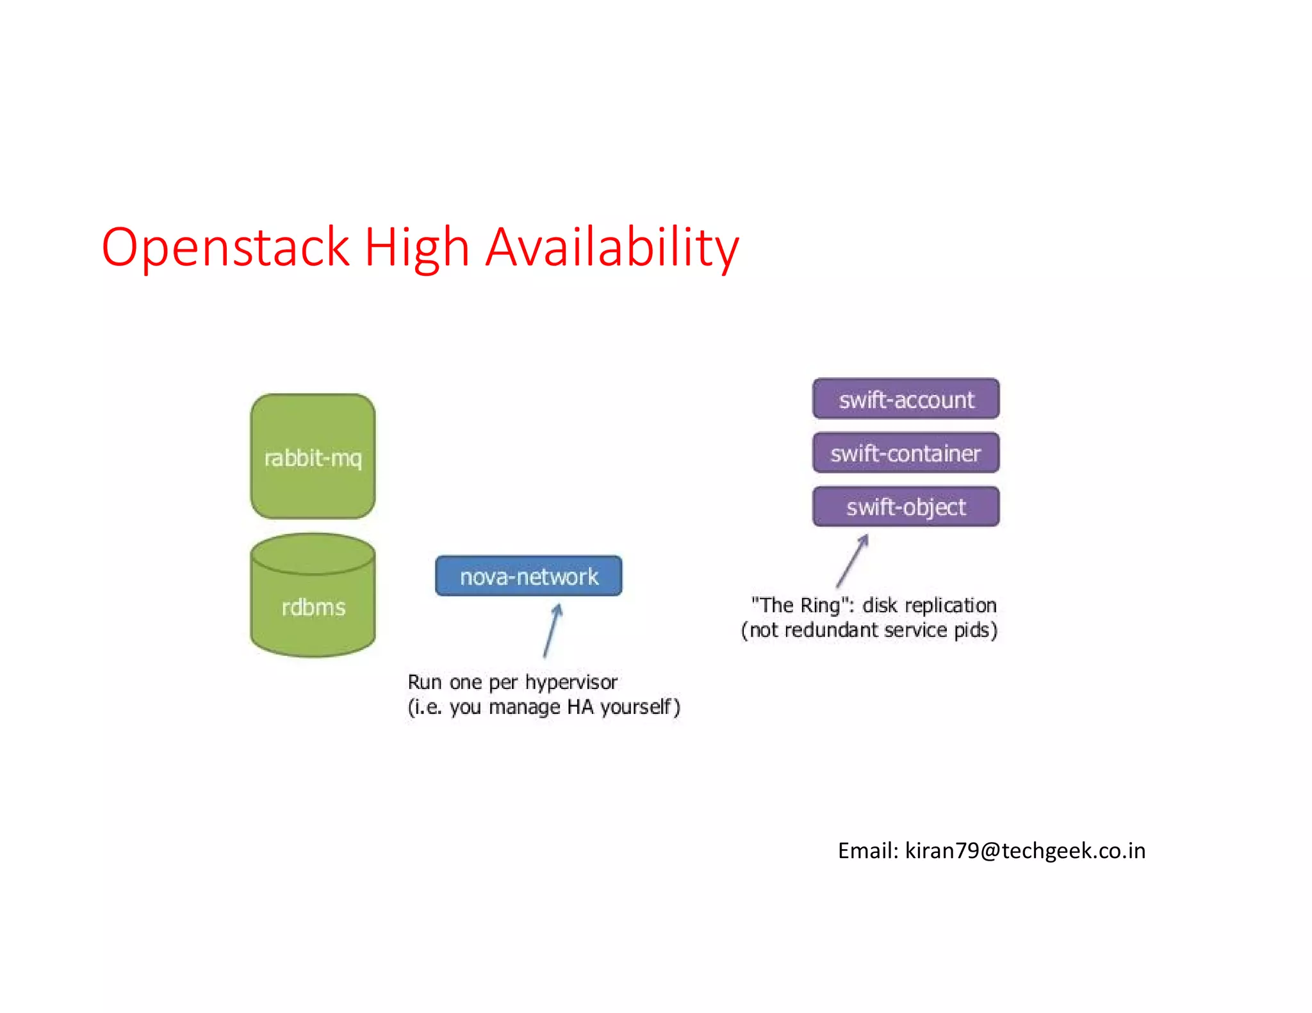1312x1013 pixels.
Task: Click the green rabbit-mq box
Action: coord(313,456)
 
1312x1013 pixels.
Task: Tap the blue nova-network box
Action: coord(529,576)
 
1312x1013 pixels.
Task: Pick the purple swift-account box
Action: coord(906,399)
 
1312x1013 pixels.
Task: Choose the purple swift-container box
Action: coord(906,453)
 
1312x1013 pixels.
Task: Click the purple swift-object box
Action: coord(906,506)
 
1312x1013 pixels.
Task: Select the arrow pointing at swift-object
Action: coord(853,561)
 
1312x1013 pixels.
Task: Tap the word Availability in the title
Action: coord(612,247)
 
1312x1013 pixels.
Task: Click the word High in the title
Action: coord(417,247)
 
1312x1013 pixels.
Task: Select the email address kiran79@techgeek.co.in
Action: coord(1025,850)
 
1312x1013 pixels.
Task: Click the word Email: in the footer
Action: coord(868,850)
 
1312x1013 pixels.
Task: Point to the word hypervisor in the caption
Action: coord(571,683)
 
